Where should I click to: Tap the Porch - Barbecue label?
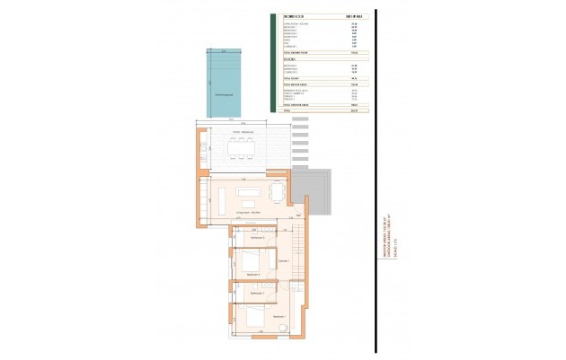coord(240,132)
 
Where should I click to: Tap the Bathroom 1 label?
coord(254,293)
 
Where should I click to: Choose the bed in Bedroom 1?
coord(252,316)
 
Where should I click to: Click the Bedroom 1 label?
coord(279,316)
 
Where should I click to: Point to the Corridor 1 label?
coord(283,260)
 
